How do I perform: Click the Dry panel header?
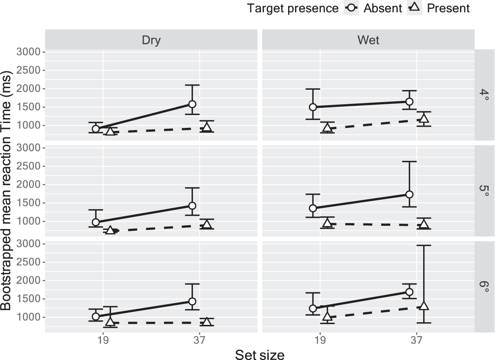[x=151, y=40]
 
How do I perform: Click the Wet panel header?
[x=368, y=40]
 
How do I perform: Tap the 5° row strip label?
[x=484, y=191]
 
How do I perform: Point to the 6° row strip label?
[x=484, y=287]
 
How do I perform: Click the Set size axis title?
[x=260, y=354]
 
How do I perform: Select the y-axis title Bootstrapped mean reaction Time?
[x=7, y=191]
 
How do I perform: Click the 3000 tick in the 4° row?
[x=28, y=52]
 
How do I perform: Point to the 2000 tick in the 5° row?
[x=28, y=185]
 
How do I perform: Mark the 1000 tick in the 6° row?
[x=28, y=317]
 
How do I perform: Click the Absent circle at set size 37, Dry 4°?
[x=192, y=104]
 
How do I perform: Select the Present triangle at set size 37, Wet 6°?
[x=424, y=306]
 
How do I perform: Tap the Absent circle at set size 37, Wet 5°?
[x=409, y=194]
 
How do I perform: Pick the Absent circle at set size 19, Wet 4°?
[x=313, y=107]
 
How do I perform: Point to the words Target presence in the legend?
[x=293, y=8]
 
